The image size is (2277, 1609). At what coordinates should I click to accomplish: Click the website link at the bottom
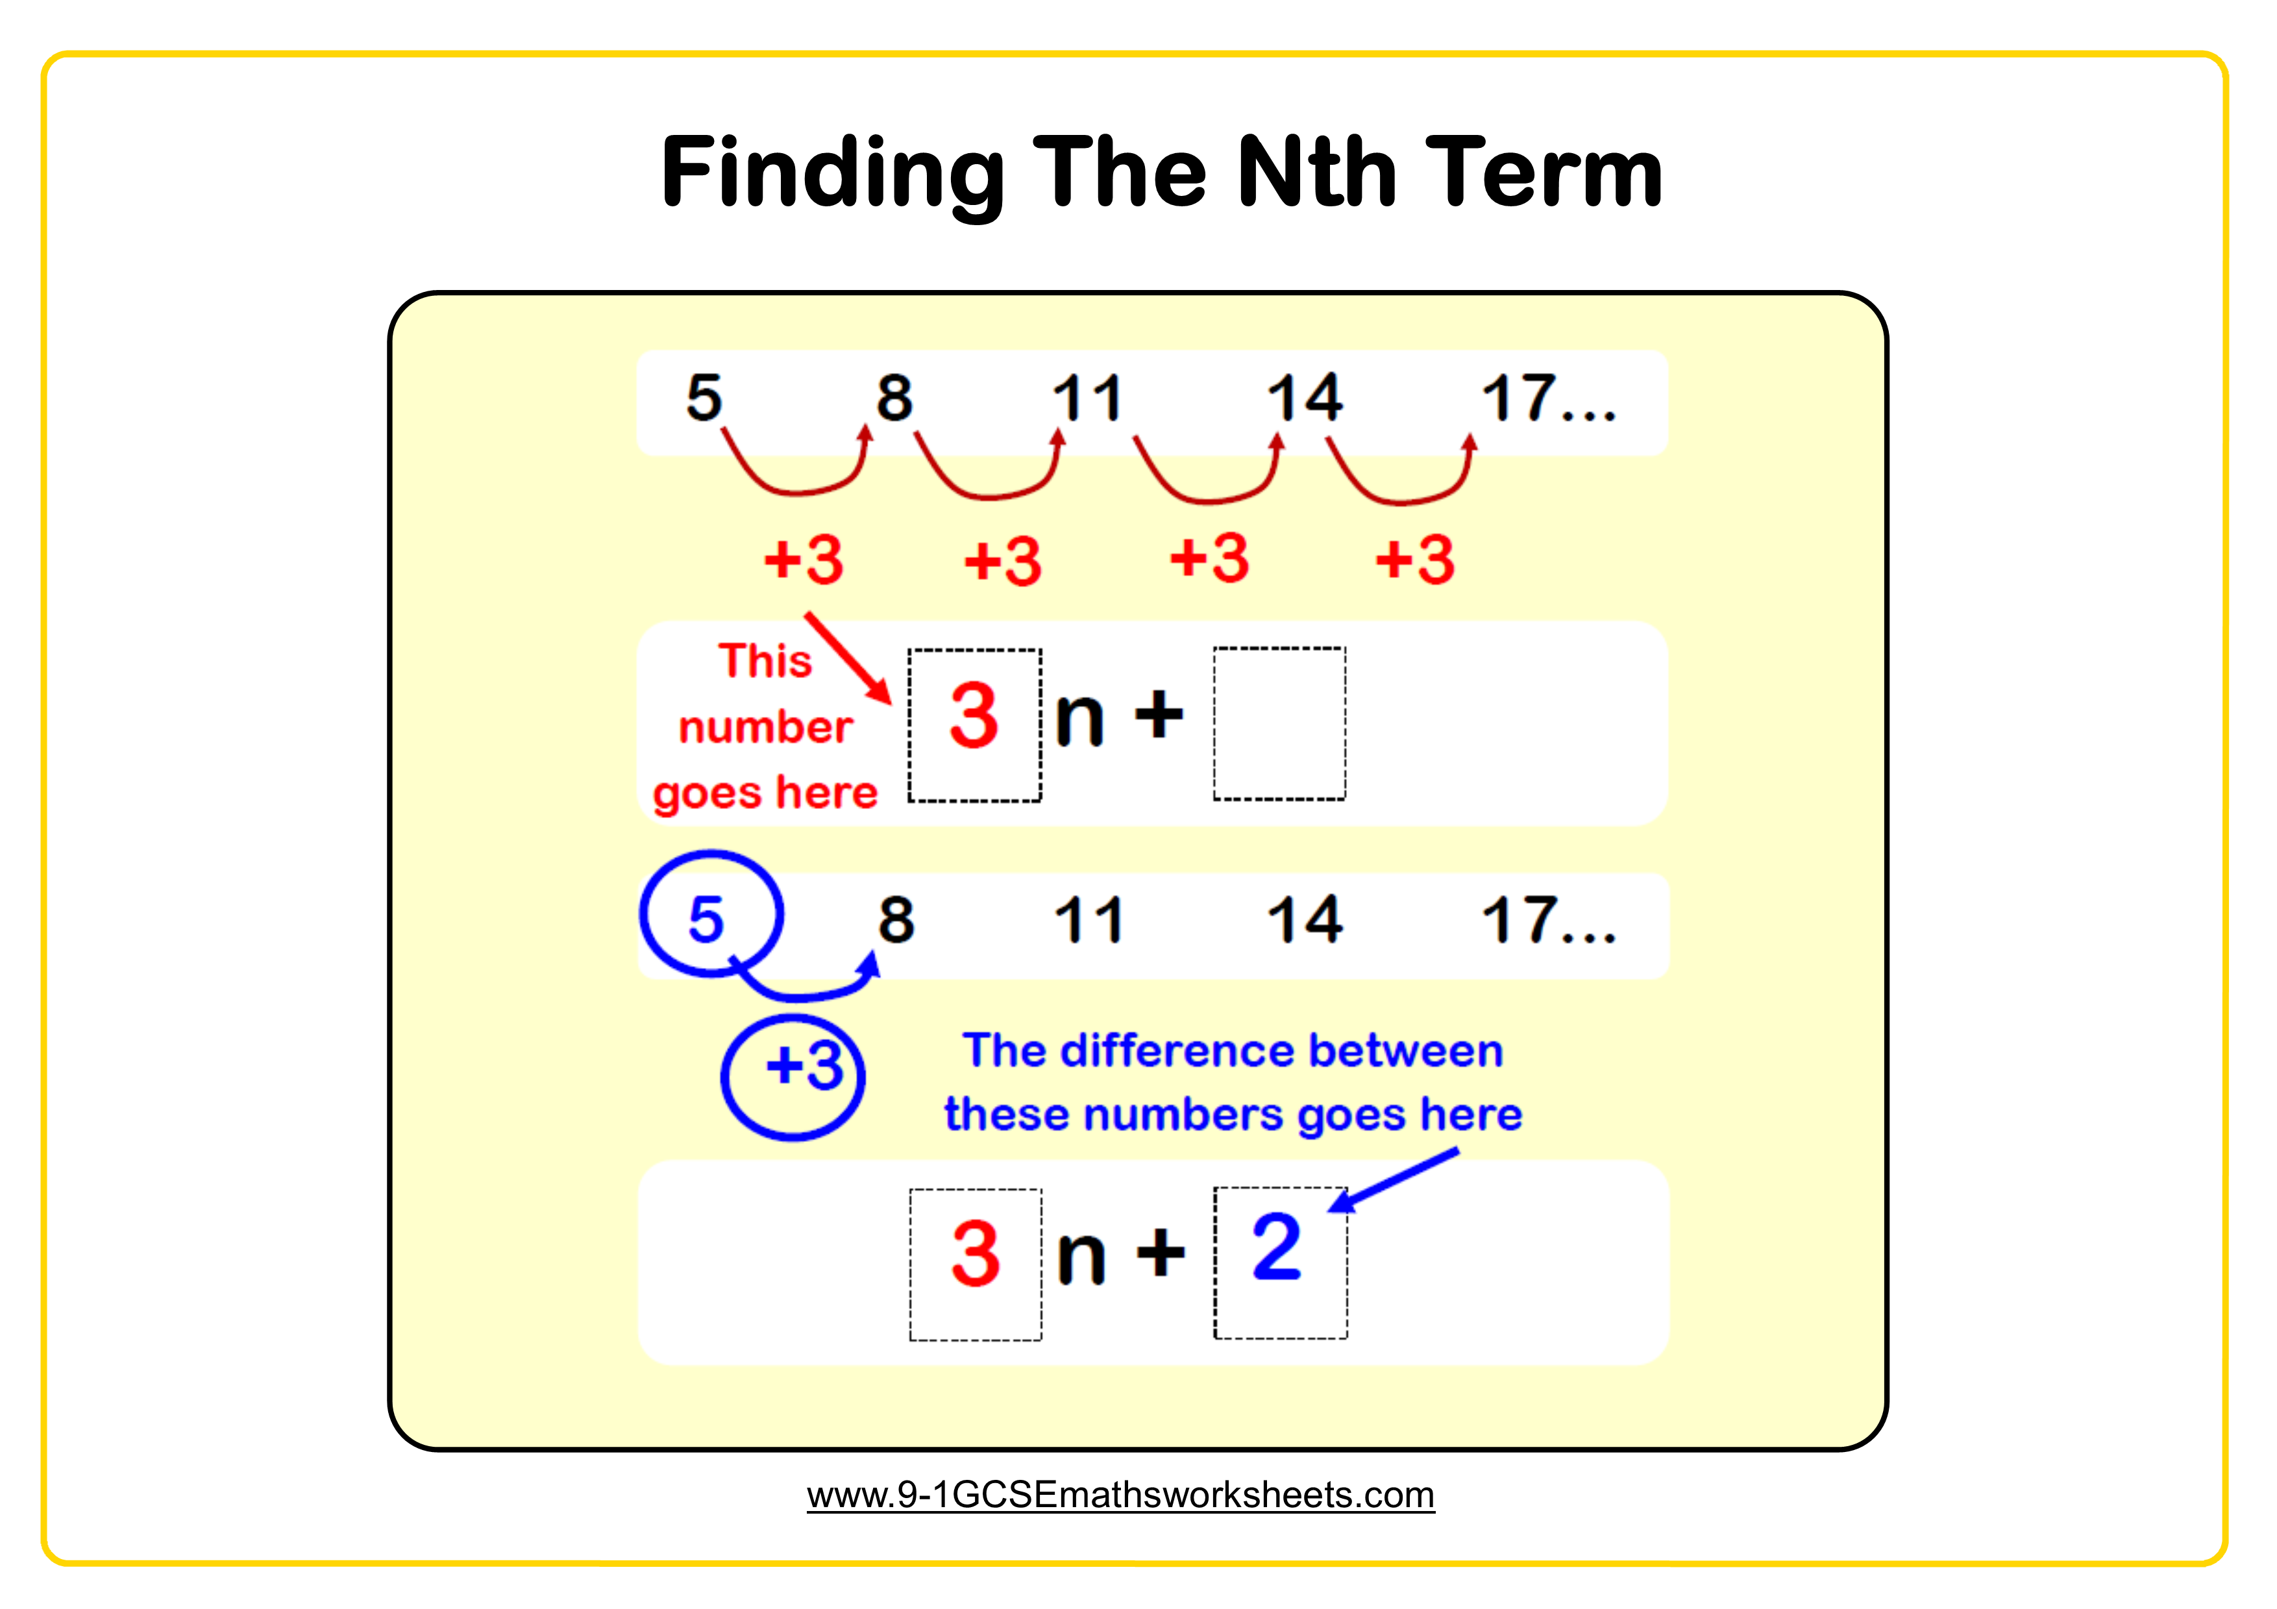click(x=1120, y=1494)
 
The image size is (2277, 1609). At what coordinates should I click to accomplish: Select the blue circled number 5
click(x=706, y=919)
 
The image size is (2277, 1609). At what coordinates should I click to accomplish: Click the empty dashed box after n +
click(x=1279, y=723)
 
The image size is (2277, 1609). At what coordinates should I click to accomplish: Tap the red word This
click(x=765, y=660)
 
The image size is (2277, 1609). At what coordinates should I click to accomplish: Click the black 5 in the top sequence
click(x=704, y=398)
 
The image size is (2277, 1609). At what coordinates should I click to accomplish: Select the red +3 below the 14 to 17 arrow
click(x=1415, y=560)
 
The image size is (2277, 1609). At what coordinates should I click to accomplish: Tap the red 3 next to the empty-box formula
click(x=973, y=715)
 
